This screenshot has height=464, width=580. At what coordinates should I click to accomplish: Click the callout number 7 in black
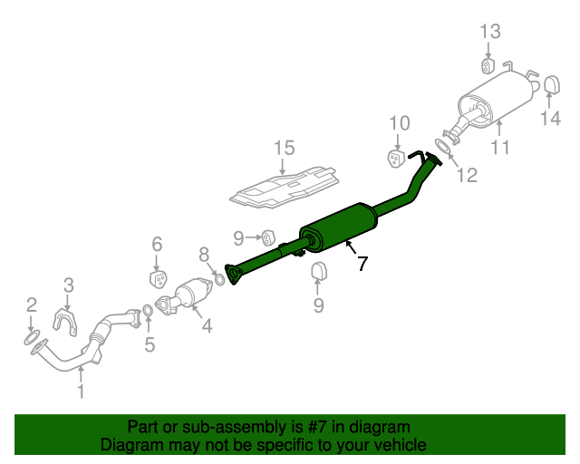pyautogui.click(x=362, y=264)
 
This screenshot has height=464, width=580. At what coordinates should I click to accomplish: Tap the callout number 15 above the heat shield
pyautogui.click(x=284, y=148)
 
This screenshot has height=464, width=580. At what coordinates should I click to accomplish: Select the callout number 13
pyautogui.click(x=490, y=32)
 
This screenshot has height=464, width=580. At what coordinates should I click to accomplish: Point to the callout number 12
pyautogui.click(x=468, y=175)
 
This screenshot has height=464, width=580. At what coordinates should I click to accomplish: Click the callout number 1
pyautogui.click(x=81, y=391)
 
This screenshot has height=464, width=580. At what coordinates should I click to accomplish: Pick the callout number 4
pyautogui.click(x=207, y=325)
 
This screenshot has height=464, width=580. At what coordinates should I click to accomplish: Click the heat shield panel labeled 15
pyautogui.click(x=284, y=188)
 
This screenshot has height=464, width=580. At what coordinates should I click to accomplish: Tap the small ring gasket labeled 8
pyautogui.click(x=219, y=279)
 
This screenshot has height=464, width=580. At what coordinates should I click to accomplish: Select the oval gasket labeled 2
pyautogui.click(x=31, y=339)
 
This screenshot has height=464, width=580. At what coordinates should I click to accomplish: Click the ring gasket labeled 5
pyautogui.click(x=148, y=311)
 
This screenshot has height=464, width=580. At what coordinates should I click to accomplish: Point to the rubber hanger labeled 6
pyautogui.click(x=159, y=279)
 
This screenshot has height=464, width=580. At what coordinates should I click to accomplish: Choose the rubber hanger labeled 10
pyautogui.click(x=395, y=159)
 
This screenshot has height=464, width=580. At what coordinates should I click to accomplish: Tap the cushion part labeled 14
pyautogui.click(x=552, y=84)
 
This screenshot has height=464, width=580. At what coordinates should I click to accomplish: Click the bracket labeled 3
pyautogui.click(x=66, y=321)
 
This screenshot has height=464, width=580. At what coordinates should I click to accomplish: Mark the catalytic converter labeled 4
pyautogui.click(x=185, y=296)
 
